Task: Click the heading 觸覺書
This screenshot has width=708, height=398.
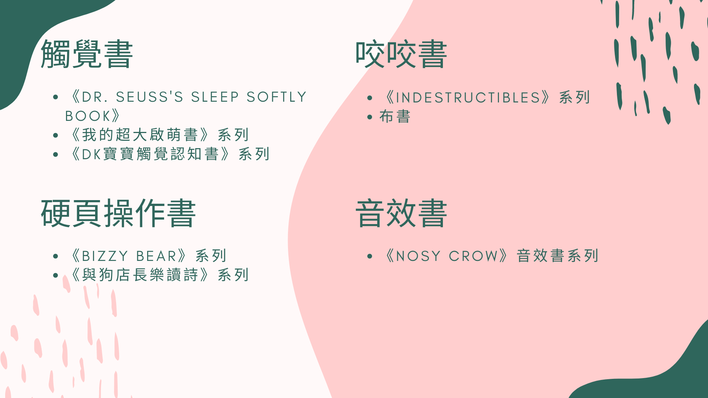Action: click(87, 54)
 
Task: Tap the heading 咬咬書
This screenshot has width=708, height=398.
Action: click(401, 54)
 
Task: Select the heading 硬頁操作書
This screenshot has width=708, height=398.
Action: click(118, 213)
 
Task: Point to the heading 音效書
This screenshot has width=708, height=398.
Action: click(401, 213)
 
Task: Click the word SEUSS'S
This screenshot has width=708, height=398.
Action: click(150, 97)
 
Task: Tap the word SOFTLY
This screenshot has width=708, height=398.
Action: click(277, 97)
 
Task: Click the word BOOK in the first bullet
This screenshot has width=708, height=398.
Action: click(87, 116)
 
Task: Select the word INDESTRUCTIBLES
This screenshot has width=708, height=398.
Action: click(468, 98)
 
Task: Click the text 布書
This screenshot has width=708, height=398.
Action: click(395, 117)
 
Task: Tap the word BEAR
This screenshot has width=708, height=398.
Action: click(157, 256)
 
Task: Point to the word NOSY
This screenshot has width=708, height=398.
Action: click(418, 256)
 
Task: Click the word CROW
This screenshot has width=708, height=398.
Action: click(473, 256)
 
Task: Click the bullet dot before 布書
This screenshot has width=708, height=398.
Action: click(370, 117)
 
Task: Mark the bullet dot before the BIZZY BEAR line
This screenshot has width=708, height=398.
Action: click(56, 256)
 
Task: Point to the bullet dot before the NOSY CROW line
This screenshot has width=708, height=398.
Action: click(370, 256)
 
